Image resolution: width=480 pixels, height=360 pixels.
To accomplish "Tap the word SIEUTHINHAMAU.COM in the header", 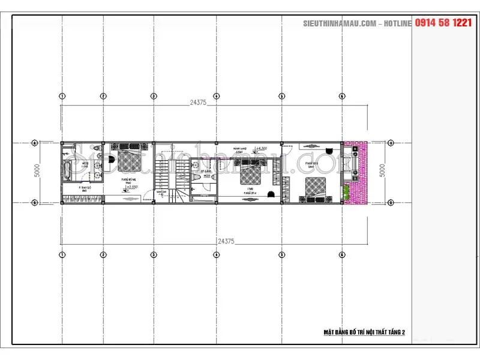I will click(339, 23).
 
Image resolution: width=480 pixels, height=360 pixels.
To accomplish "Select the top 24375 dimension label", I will click(198, 103).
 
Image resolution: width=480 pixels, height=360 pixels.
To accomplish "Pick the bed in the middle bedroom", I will click(250, 175).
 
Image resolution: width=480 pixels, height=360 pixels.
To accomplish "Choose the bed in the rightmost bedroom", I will click(314, 188).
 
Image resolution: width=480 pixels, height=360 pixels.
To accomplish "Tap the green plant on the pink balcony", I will click(346, 191).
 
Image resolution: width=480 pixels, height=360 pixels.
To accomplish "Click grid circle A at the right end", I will click(391, 143).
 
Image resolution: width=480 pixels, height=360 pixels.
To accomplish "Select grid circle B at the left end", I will click(35, 203).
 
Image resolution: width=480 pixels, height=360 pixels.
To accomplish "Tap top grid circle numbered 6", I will click(341, 96).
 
